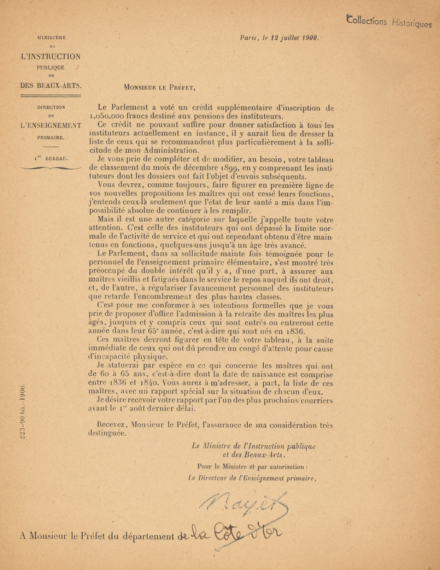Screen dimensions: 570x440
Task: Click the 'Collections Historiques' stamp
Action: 389,22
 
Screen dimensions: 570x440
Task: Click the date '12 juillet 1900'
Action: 294,38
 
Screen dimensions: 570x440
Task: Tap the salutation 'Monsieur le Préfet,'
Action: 159,87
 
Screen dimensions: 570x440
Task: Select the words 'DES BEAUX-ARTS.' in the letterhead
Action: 51,85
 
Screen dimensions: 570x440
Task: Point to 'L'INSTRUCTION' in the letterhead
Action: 51,57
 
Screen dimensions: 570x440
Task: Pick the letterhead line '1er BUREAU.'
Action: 51,158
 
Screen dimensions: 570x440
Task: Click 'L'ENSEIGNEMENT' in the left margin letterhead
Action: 51,125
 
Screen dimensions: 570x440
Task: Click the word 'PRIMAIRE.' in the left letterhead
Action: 51,138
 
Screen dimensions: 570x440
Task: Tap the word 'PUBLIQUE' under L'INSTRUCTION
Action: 51,68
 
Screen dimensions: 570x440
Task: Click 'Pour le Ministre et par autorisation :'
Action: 252,467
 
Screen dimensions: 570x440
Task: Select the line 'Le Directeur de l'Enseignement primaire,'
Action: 252,478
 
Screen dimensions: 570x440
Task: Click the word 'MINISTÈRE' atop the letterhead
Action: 51,38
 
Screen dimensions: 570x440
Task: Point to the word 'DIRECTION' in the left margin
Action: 51,107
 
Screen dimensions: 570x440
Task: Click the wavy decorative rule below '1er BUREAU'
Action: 51,168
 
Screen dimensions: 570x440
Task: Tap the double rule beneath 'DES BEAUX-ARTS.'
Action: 51,95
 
